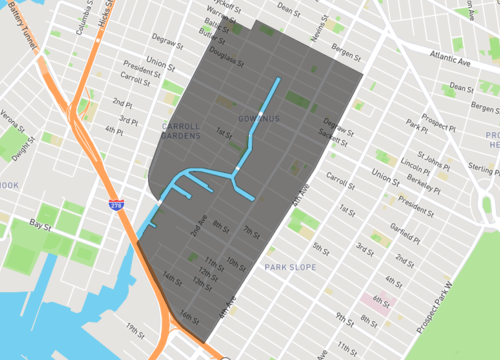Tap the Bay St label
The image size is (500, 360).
[x=39, y=224]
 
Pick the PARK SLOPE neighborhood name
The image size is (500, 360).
[x=289, y=267]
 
